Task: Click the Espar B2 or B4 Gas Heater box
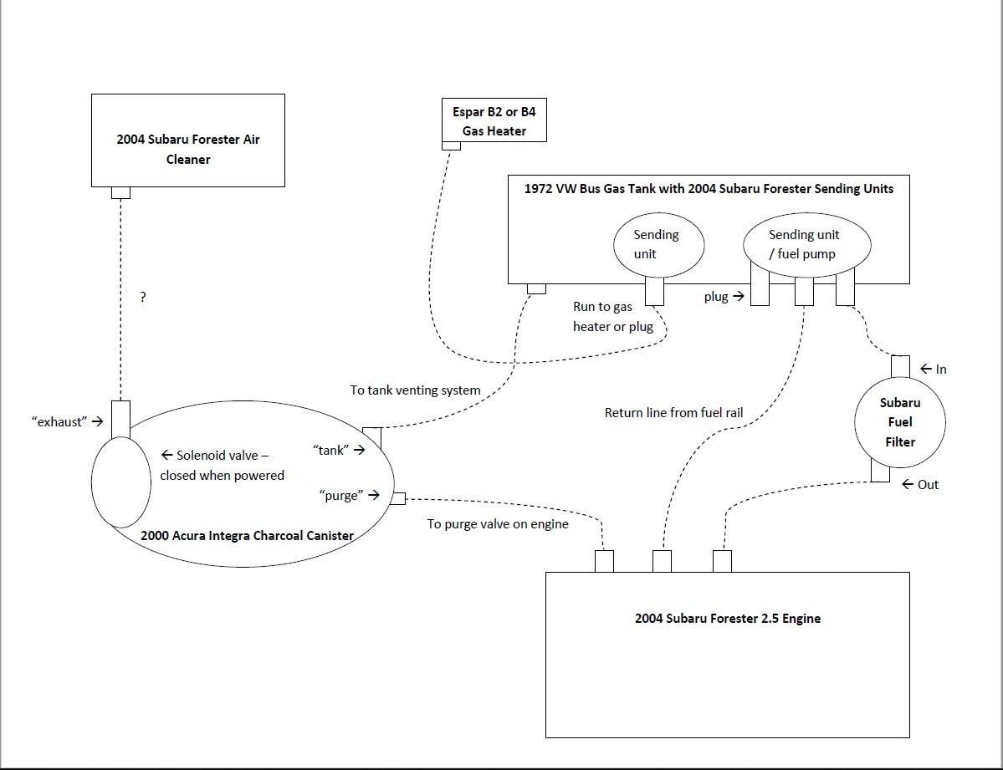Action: pyautogui.click(x=494, y=120)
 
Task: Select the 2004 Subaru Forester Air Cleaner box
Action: pyautogui.click(x=187, y=140)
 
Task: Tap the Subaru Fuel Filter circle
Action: pyautogui.click(x=899, y=421)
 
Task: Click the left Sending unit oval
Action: pyautogui.click(x=658, y=244)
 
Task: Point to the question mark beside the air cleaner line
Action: pyautogui.click(x=143, y=297)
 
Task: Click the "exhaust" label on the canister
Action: pyautogui.click(x=60, y=421)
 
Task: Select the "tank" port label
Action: pyautogui.click(x=330, y=450)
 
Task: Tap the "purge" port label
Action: pyautogui.click(x=341, y=495)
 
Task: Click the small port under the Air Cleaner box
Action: pyautogui.click(x=120, y=192)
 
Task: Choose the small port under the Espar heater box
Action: pyautogui.click(x=451, y=145)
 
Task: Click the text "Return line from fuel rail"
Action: pyautogui.click(x=673, y=412)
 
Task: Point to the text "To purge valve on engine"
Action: pyautogui.click(x=498, y=524)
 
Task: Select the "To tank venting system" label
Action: pyautogui.click(x=415, y=390)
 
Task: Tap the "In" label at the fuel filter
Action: pyautogui.click(x=940, y=369)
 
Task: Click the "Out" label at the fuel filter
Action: pyautogui.click(x=928, y=484)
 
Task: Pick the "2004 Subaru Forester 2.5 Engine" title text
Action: pyautogui.click(x=727, y=619)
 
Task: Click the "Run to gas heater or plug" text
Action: pyautogui.click(x=612, y=317)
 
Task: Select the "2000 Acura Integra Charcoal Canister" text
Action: pyautogui.click(x=247, y=535)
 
